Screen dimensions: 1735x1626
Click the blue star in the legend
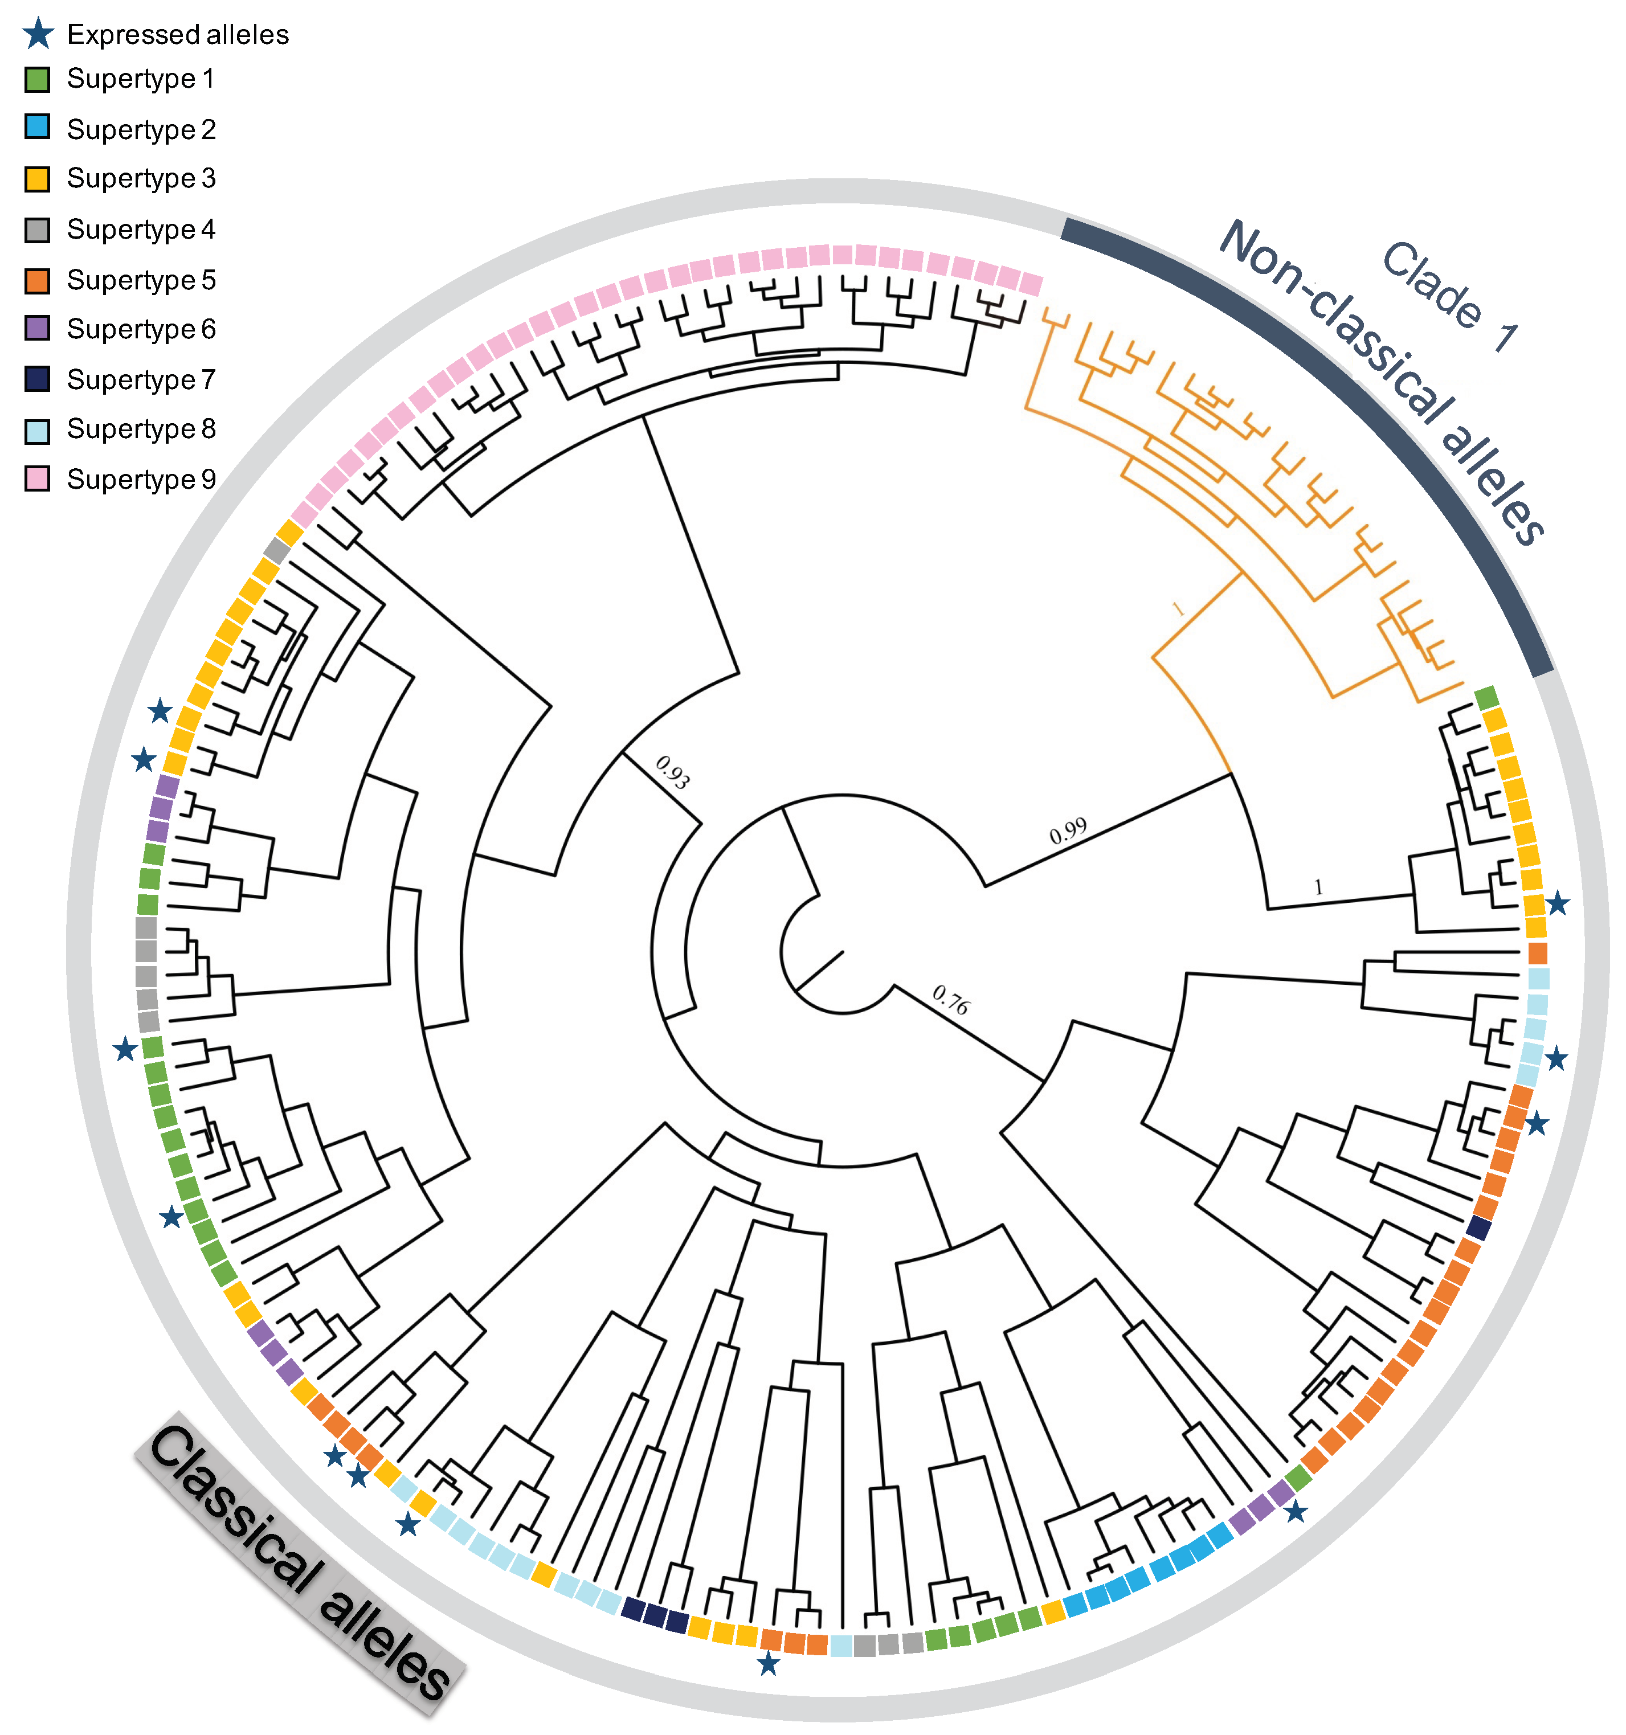[x=38, y=34]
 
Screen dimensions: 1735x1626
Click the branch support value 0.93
[x=673, y=772]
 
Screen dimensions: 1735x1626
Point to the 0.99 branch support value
[x=1068, y=831]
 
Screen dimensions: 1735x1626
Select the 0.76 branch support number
[x=950, y=999]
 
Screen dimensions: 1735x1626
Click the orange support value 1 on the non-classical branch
[x=1178, y=609]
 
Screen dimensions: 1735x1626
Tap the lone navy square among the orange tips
[x=1478, y=1228]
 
